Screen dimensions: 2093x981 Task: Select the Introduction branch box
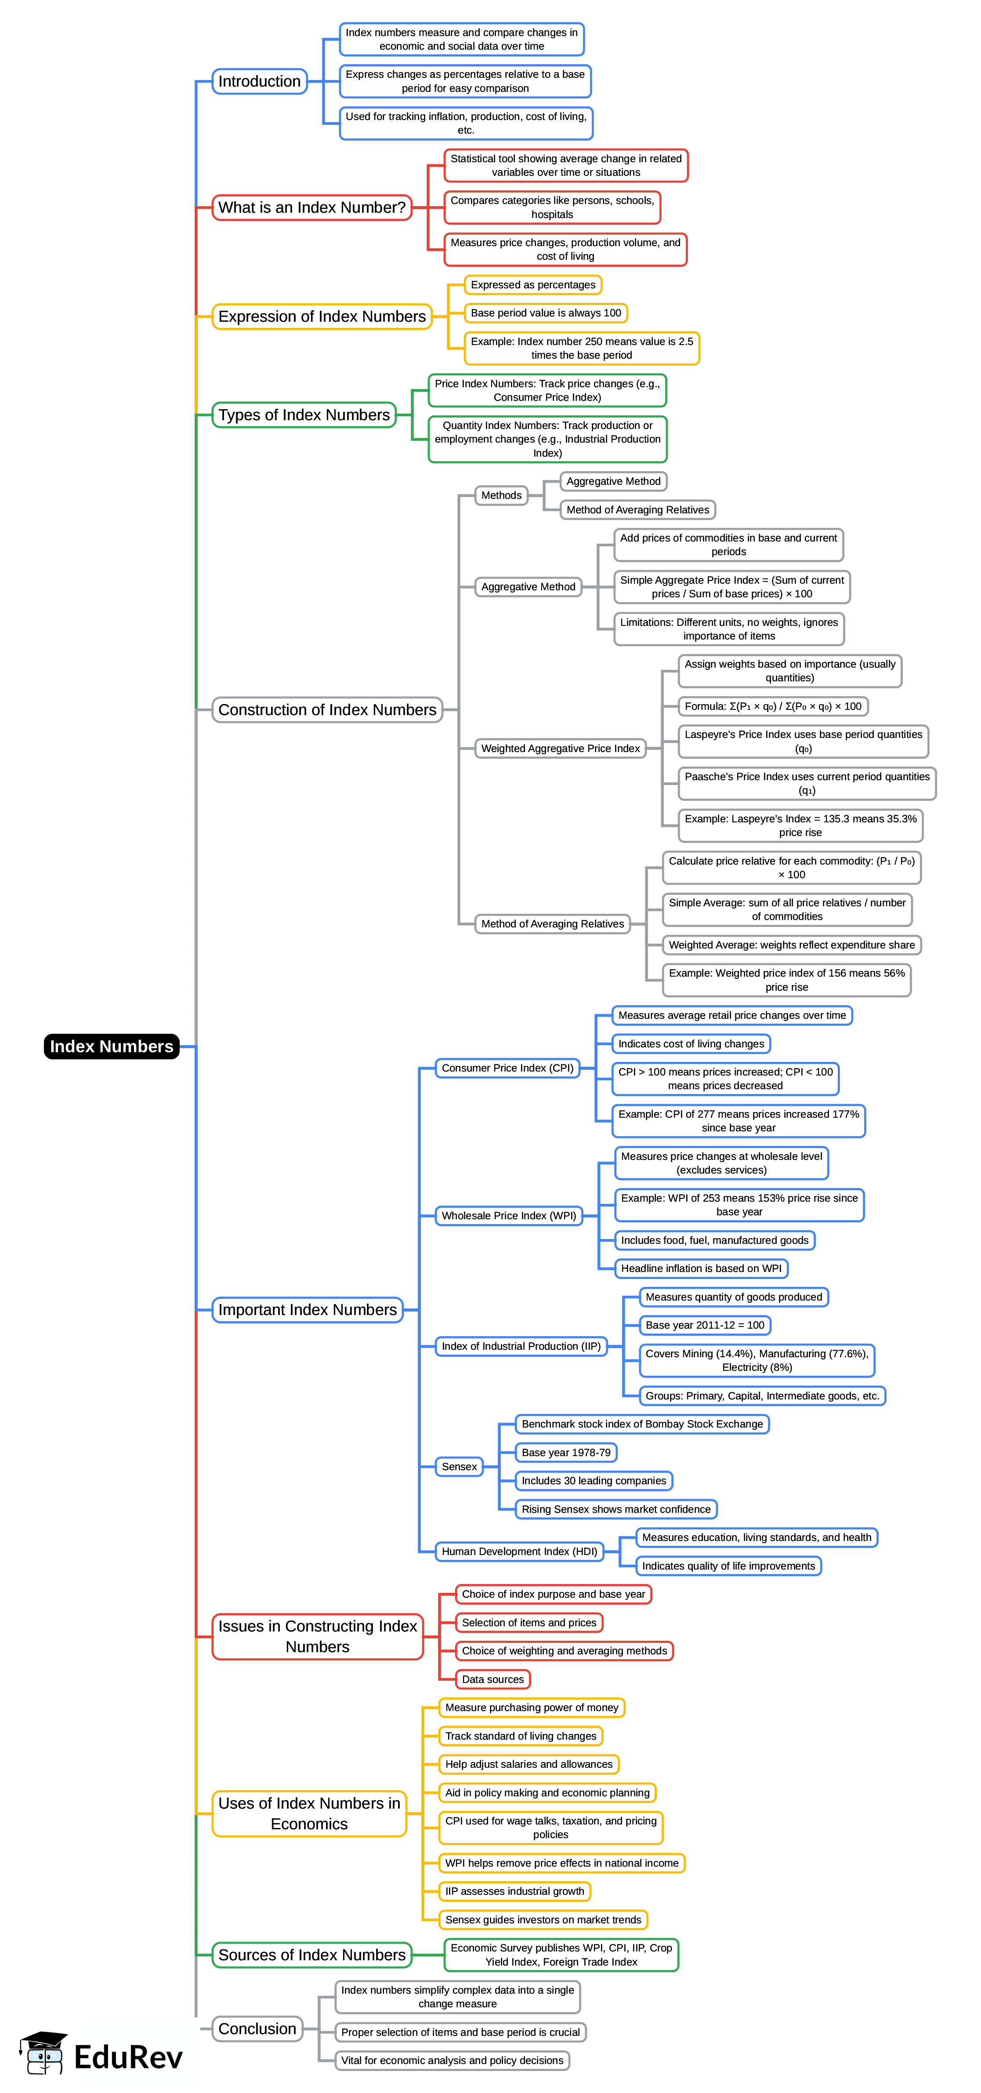pyautogui.click(x=259, y=81)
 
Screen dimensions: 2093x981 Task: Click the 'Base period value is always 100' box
pyautogui.click(x=546, y=313)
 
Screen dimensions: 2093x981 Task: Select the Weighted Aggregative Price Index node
pyautogui.click(x=560, y=749)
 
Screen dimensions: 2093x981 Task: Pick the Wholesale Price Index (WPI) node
pyautogui.click(x=508, y=1216)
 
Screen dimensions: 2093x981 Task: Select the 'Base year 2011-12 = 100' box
pyautogui.click(x=704, y=1325)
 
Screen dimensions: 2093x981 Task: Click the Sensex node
pyautogui.click(x=459, y=1467)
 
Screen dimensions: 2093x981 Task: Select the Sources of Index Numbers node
pyautogui.click(x=312, y=1955)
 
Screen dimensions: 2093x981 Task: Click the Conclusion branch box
pyautogui.click(x=257, y=2029)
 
